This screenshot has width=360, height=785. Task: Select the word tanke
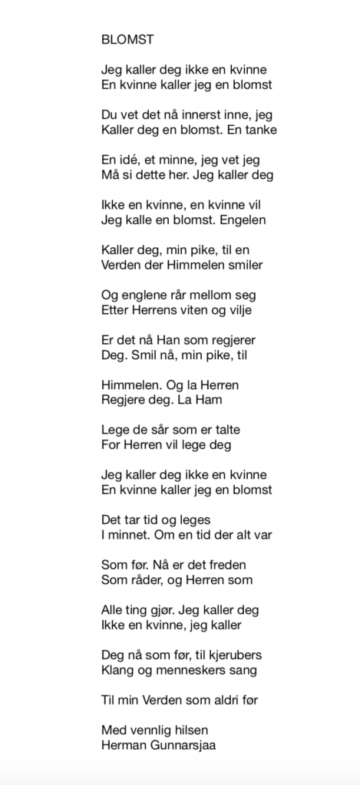pos(260,130)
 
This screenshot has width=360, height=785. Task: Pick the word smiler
pos(241,265)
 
